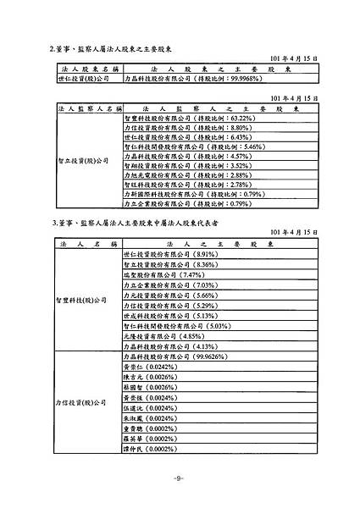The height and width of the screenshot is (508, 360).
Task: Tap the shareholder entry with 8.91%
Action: pos(170,254)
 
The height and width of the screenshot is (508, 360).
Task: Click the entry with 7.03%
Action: pos(170,284)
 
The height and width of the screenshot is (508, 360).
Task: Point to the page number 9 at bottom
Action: pos(178,478)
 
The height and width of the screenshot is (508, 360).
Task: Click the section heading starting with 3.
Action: pos(136,222)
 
